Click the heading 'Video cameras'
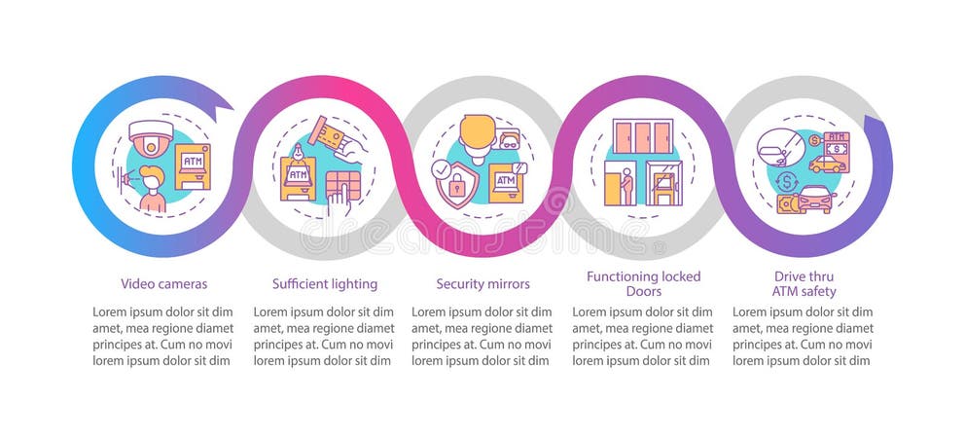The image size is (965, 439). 163,284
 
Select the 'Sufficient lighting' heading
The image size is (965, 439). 324,284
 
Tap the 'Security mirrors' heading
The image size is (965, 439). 482,284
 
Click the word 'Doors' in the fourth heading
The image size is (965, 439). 642,291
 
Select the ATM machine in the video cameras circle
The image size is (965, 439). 192,165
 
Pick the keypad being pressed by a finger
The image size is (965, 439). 343,185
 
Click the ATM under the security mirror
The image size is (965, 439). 507,183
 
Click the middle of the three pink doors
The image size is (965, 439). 641,136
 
